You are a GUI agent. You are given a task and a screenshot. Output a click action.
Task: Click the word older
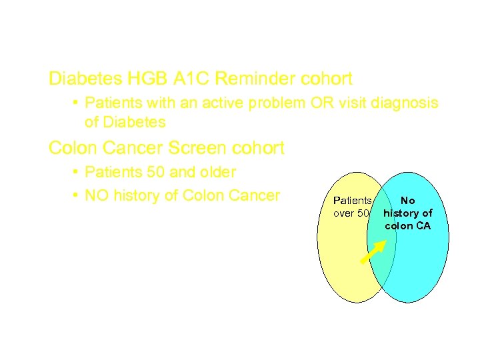(215, 172)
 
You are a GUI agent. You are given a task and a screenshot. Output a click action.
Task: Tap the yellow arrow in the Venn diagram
(373, 251)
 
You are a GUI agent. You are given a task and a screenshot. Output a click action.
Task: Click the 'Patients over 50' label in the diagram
(352, 207)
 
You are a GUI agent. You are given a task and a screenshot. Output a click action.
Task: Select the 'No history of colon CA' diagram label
(408, 213)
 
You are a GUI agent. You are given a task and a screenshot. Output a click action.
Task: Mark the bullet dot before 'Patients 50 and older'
(77, 173)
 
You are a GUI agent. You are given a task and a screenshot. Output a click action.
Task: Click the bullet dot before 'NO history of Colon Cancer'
(77, 196)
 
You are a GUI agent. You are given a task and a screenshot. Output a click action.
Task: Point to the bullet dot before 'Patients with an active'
(77, 104)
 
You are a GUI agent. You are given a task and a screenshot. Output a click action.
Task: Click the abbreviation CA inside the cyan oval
(423, 225)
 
